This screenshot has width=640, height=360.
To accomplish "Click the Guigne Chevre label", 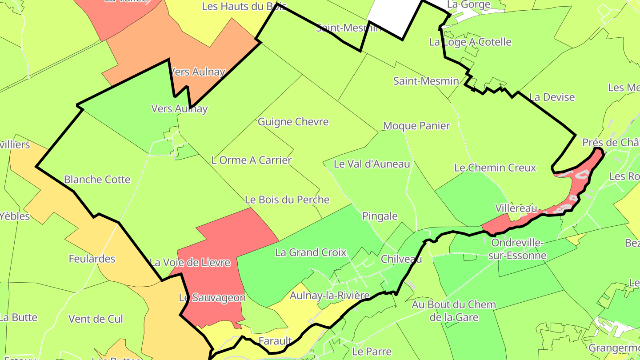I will coord(293,122).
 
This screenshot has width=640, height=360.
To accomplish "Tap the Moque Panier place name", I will coord(416,126).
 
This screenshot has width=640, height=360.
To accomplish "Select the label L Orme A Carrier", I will coord(252,160).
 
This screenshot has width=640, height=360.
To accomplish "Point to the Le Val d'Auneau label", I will coord(372,164).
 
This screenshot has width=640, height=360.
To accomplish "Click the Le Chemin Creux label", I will coord(495,168).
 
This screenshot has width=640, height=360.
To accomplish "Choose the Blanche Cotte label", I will coord(97,180).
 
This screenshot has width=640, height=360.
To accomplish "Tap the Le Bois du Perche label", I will coord(287,200).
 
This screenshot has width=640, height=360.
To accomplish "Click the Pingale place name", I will coord(380,216).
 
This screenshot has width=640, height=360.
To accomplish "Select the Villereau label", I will coord(516,208).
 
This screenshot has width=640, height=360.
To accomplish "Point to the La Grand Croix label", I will coord(310,252).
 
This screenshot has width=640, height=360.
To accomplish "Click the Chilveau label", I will coord(401,259).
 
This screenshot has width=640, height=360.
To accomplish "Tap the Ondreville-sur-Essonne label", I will coord(517,249).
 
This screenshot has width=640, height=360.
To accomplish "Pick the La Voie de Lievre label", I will coord(190,262).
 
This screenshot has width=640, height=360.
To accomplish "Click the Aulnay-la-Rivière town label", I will coord(329,295).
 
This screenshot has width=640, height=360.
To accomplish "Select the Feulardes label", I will coord(92,259).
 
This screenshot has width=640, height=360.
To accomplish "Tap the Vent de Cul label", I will coord(95,319).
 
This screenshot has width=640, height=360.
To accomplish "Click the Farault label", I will coord(275,341).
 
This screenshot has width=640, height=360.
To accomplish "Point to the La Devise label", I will coord(552,97).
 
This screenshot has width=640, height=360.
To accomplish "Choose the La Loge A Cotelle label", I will coord(470,42).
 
